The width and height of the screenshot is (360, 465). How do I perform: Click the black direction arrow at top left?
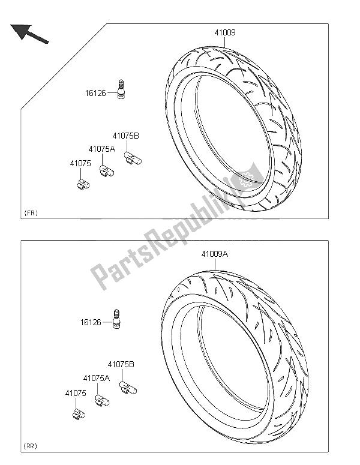click(29, 34)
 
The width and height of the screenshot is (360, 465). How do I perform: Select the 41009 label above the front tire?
click(225, 32)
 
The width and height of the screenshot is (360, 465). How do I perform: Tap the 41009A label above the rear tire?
click(215, 254)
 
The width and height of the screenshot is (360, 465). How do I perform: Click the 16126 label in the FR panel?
click(95, 93)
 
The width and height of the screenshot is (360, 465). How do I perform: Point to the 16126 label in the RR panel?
click(91, 322)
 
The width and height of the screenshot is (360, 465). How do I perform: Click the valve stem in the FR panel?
click(121, 89)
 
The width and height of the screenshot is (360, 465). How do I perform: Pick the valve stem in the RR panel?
click(116, 319)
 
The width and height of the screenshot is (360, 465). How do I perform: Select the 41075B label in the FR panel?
click(126, 136)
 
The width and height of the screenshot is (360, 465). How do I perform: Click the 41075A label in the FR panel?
click(102, 149)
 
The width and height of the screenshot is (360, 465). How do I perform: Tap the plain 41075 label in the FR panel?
click(80, 163)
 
